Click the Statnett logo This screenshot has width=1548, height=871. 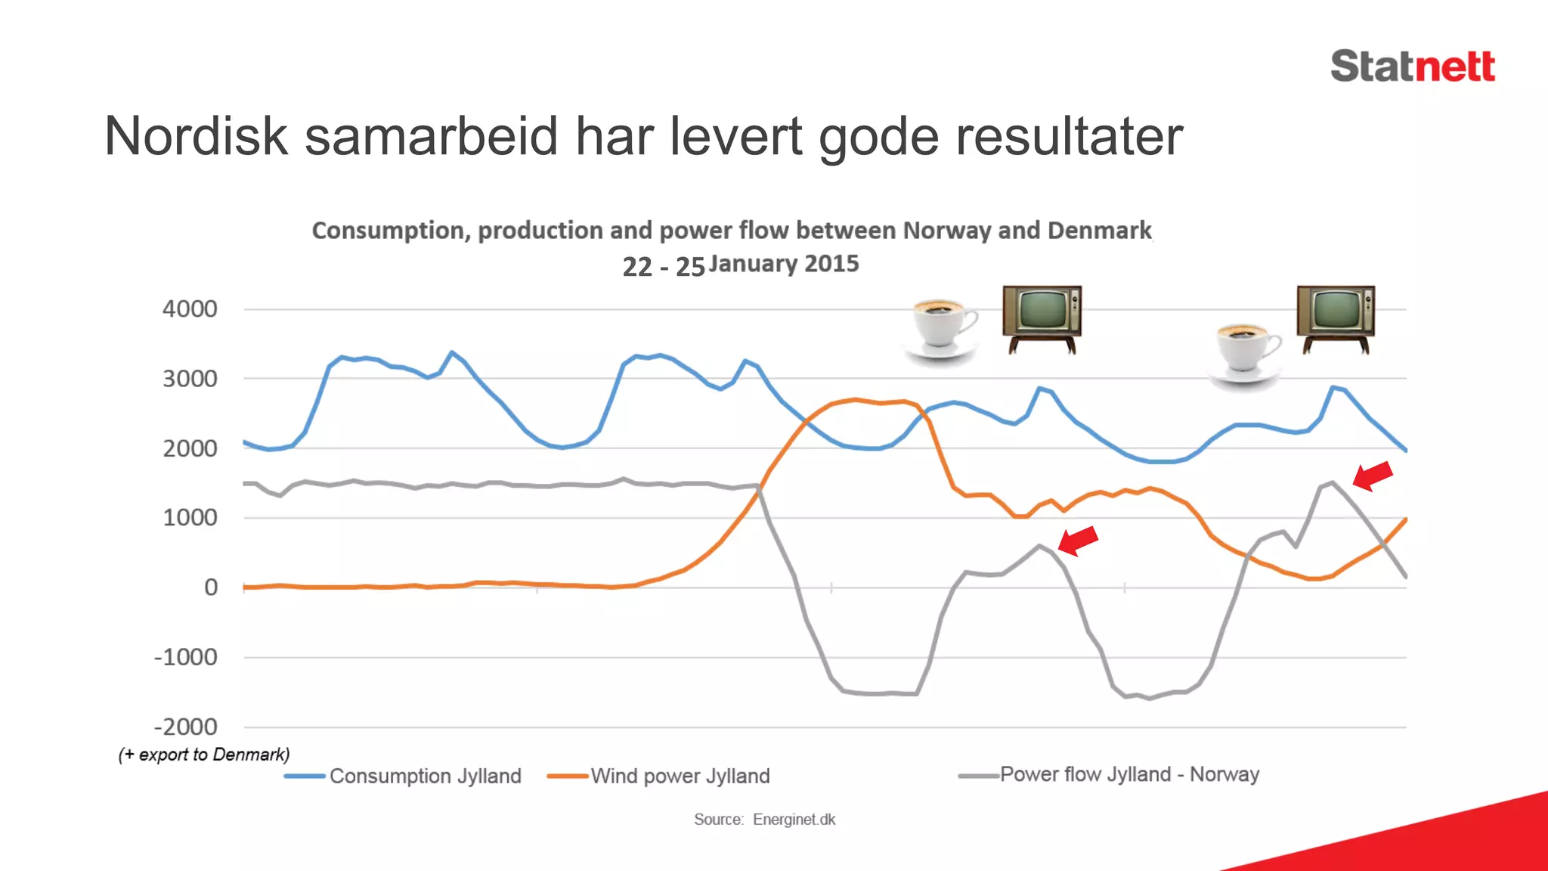pyautogui.click(x=1412, y=67)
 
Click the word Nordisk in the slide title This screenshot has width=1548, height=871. pyautogui.click(x=196, y=137)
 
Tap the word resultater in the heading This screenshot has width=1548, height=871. pyautogui.click(x=1069, y=137)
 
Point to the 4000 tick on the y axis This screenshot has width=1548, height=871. pyautogui.click(x=190, y=309)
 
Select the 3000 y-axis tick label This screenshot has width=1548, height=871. pyautogui.click(x=190, y=379)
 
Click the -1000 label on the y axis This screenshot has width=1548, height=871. pyautogui.click(x=186, y=657)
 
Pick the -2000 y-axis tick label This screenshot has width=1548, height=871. pyautogui.click(x=186, y=727)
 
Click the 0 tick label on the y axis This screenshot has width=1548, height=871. pyautogui.click(x=211, y=587)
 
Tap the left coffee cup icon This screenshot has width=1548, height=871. pyautogui.click(x=942, y=330)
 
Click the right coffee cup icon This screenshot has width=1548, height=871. pyautogui.click(x=1246, y=353)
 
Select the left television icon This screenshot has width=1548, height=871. pyautogui.click(x=1042, y=319)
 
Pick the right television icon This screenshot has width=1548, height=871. pyautogui.click(x=1336, y=318)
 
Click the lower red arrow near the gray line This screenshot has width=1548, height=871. pyautogui.click(x=1078, y=540)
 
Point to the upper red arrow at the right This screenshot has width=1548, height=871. pyautogui.click(x=1372, y=476)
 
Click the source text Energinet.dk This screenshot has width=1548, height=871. pyautogui.click(x=794, y=820)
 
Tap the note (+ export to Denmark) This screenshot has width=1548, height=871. pyautogui.click(x=204, y=755)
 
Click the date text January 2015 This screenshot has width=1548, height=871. pyautogui.click(x=783, y=264)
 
